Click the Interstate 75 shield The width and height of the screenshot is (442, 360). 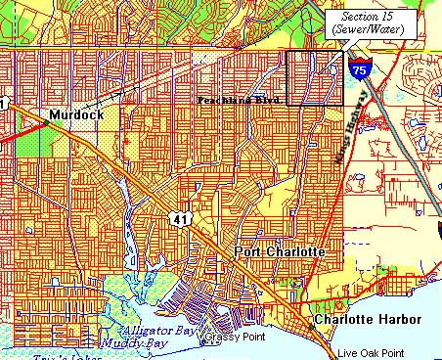click(361, 68)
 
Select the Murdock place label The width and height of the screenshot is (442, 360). click(75, 114)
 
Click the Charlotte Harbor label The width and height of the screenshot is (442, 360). click(367, 320)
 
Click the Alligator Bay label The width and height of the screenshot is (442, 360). click(147, 333)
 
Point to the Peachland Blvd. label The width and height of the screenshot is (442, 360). click(240, 101)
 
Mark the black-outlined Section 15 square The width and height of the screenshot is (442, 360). click(314, 76)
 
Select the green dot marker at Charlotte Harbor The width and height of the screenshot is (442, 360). click(307, 319)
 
